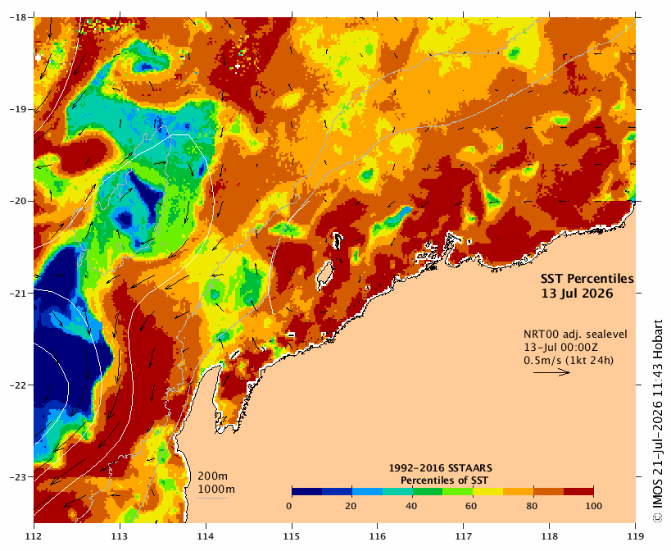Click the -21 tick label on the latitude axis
pos(18,294)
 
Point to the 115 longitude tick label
pos(292,536)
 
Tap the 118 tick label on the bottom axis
pos(550,536)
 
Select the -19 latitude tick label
pos(18,109)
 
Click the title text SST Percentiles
pos(587,279)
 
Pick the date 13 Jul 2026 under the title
pos(577,294)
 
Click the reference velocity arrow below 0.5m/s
pos(551,372)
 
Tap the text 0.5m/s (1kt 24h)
pos(569,361)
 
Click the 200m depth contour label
pos(213,476)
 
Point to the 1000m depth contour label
pos(216,490)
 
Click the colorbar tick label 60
pos(471,506)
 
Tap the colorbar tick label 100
pos(593,506)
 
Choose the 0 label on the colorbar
pos(289,506)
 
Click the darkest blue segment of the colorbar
pos(307,491)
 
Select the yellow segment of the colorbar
pos(487,491)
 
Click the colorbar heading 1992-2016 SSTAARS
pos(440,468)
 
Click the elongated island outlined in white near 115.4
pos(325,274)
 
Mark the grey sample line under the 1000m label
pos(212,498)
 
